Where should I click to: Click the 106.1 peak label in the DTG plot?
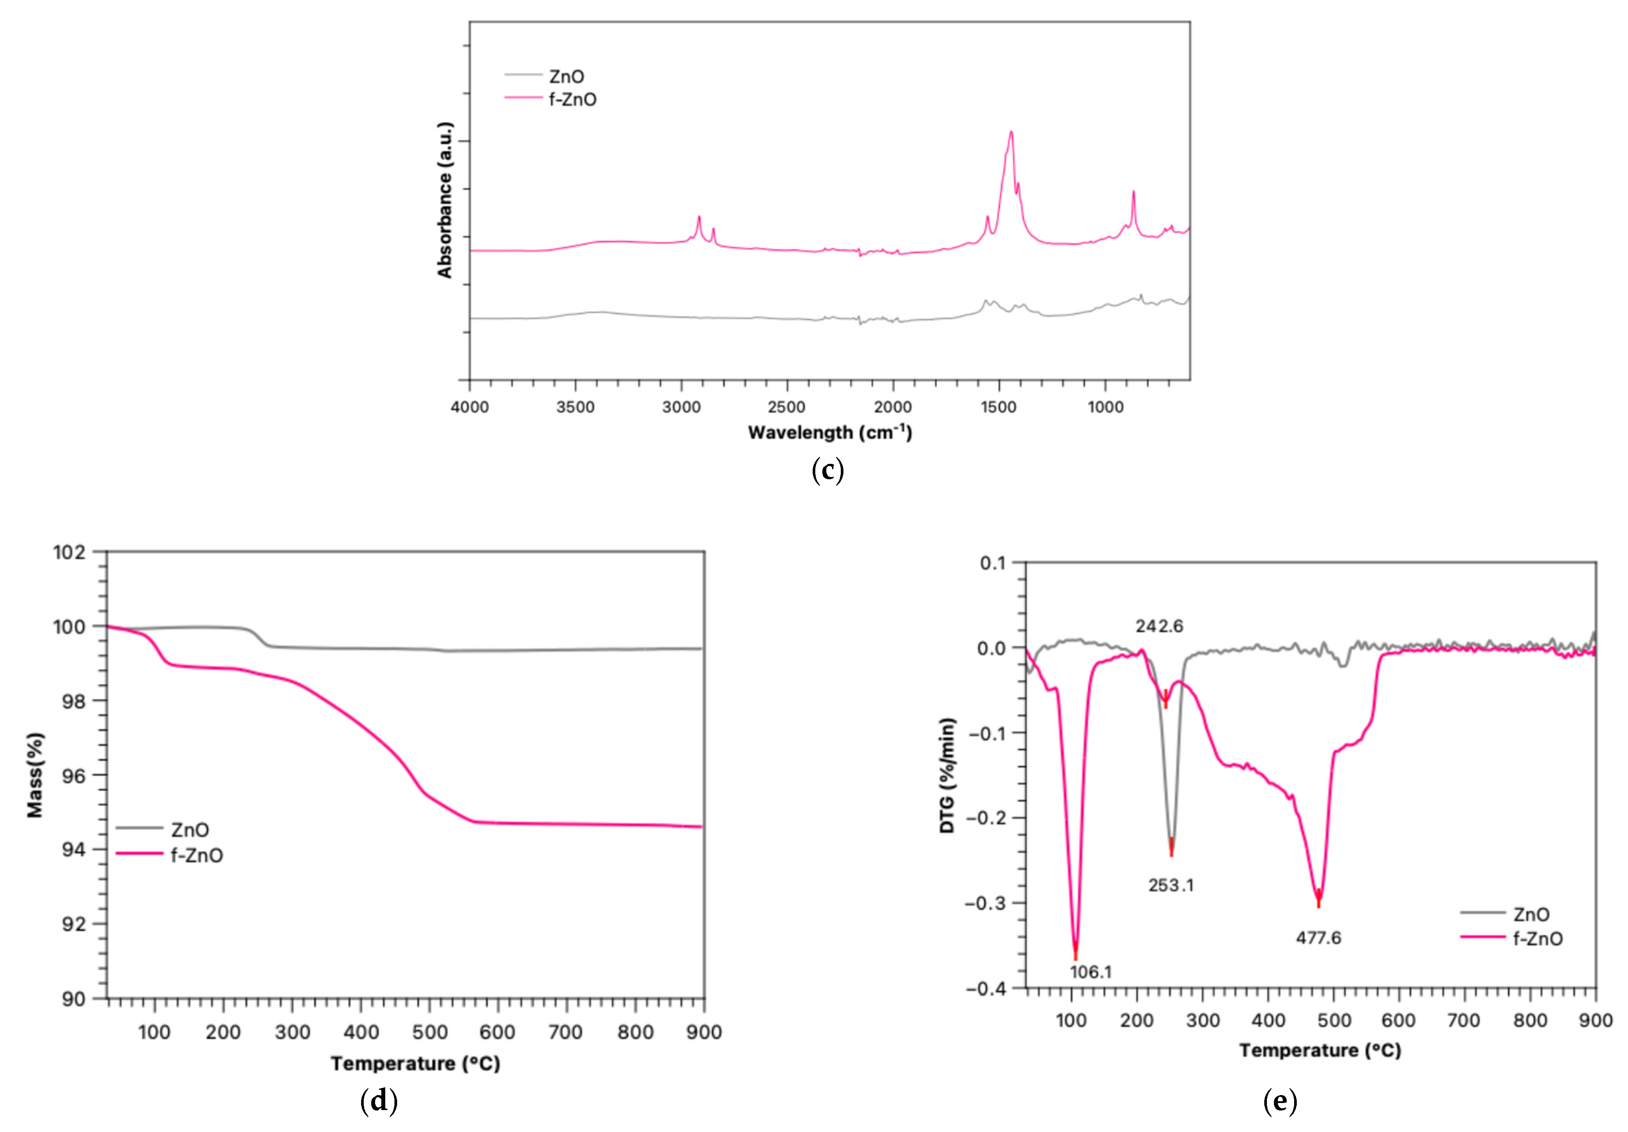(x=1091, y=972)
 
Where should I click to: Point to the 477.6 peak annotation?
(x=1318, y=938)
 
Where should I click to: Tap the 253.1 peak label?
(x=1171, y=885)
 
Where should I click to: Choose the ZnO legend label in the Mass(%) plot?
(x=189, y=829)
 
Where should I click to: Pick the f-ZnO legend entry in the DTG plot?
(x=1537, y=938)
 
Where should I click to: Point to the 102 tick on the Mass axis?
(x=69, y=551)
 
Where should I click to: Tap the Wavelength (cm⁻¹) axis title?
(x=830, y=432)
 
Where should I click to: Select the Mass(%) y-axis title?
(x=35, y=775)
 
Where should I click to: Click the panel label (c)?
(x=828, y=470)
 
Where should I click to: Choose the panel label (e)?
(x=1280, y=1101)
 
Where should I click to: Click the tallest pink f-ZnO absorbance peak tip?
(x=1011, y=132)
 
